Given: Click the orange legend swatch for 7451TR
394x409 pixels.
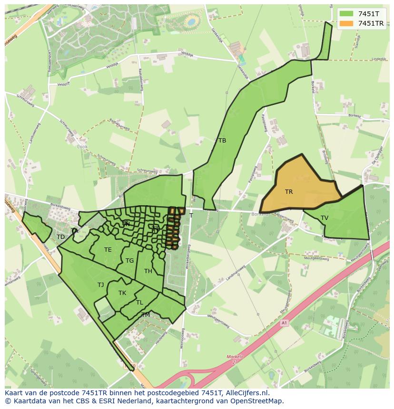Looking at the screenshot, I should [x=346, y=23].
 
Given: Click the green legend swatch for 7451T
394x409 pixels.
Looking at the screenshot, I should [x=346, y=14].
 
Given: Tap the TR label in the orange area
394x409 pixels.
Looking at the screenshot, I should [x=289, y=192].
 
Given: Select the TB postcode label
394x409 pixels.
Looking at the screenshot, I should [x=222, y=140].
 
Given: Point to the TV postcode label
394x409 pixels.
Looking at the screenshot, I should [x=325, y=218].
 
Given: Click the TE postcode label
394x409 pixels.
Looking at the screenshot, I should [x=108, y=250].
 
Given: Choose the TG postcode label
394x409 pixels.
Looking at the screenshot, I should [x=130, y=260].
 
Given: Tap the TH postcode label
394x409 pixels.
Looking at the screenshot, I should [x=148, y=271].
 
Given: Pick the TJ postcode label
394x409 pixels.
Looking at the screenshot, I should [x=100, y=285].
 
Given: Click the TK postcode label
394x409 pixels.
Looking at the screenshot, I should [x=122, y=293].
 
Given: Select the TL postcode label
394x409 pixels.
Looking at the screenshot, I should [x=139, y=303].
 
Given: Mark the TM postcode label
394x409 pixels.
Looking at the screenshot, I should [x=146, y=315].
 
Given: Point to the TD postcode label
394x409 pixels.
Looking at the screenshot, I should [x=60, y=237].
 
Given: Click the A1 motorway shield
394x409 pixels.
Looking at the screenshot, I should [x=284, y=323].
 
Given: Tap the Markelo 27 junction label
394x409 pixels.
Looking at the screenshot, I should [x=235, y=359].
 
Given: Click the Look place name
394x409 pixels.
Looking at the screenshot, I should [x=82, y=147].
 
